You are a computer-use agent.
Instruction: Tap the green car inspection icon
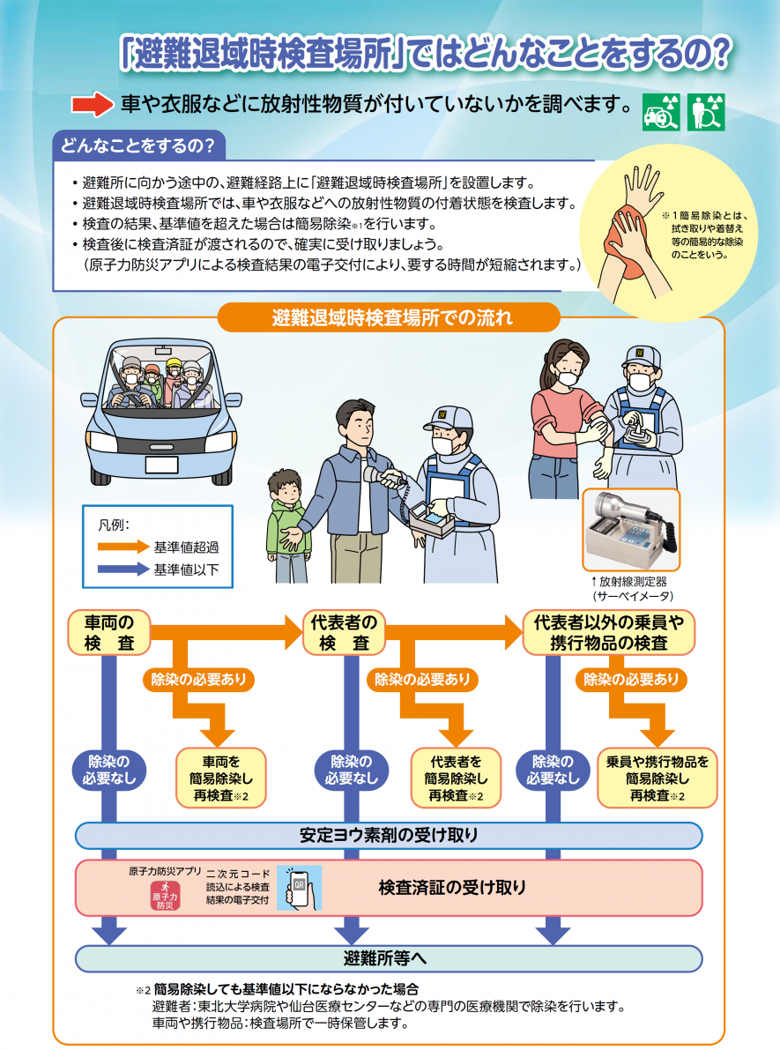[x=660, y=112]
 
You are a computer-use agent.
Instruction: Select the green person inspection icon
[x=705, y=112]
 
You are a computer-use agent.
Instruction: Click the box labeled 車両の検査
[x=109, y=632]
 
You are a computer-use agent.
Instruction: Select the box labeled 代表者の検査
[x=344, y=632]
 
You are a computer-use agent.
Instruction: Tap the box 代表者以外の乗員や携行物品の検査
[x=608, y=632]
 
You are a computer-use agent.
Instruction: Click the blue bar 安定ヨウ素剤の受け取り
[x=389, y=835]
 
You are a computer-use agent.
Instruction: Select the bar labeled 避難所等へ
[x=389, y=957]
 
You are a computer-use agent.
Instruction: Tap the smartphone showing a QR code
[x=299, y=887]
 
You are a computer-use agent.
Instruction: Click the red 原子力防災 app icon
[x=165, y=895]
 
